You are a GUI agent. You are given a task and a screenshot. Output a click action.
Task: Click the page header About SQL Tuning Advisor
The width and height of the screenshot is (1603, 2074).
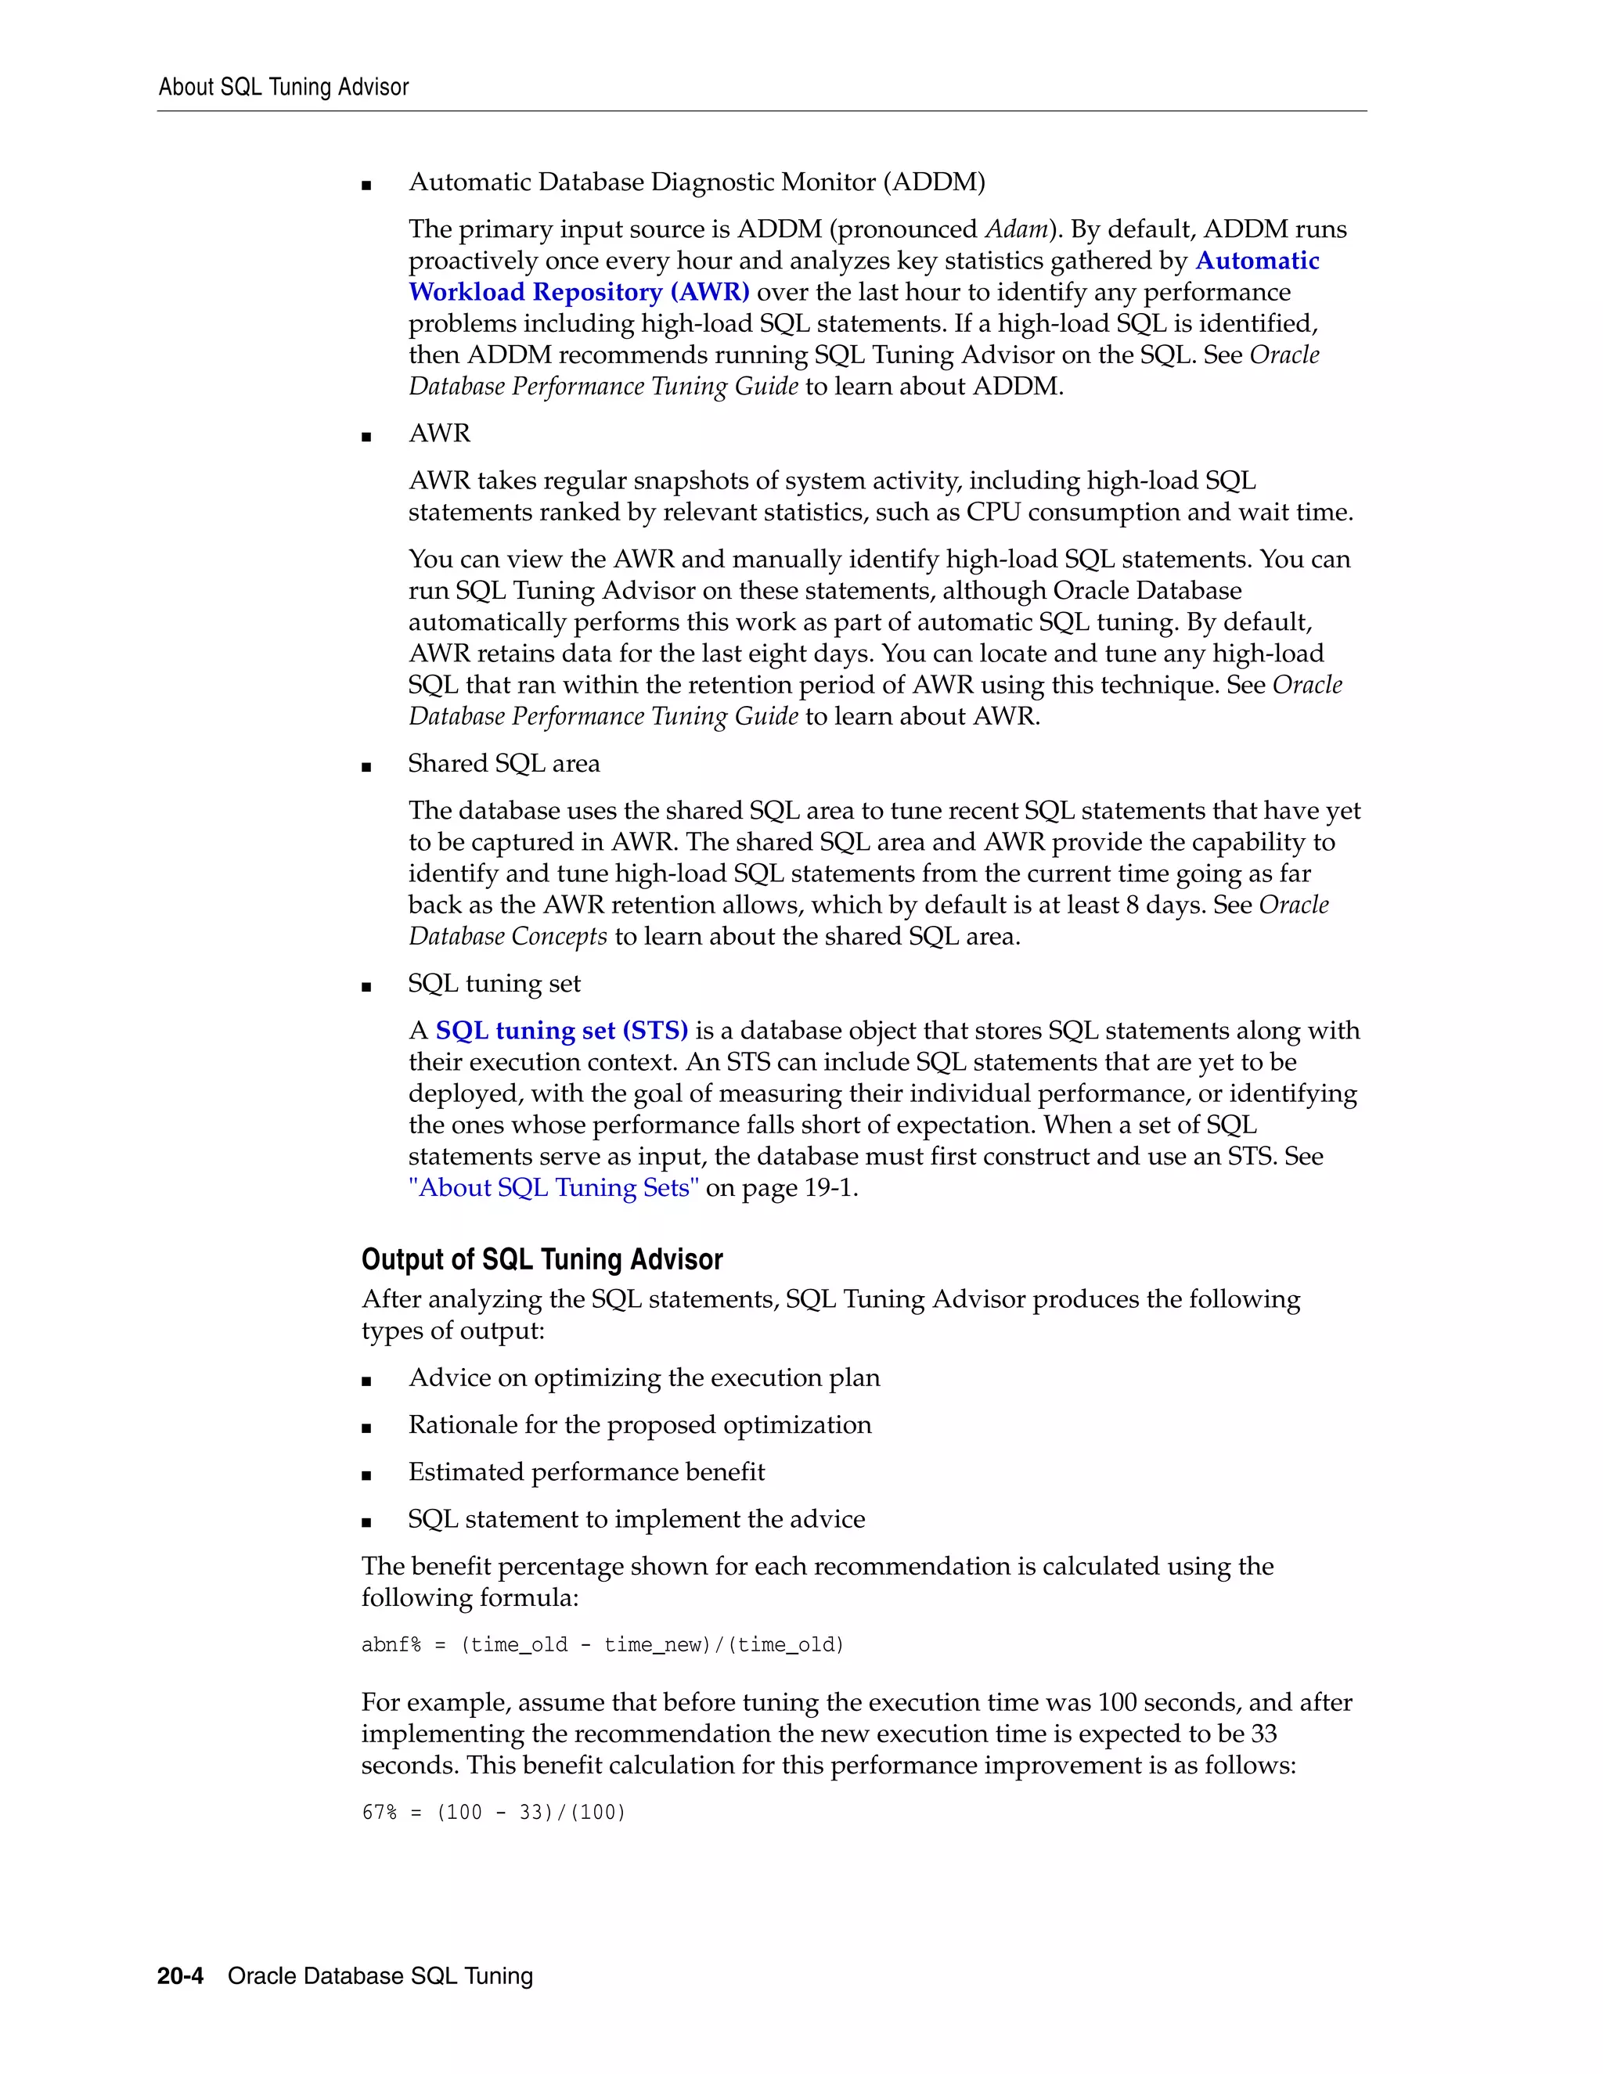tap(283, 88)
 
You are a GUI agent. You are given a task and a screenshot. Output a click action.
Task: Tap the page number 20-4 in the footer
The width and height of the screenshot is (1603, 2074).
tap(181, 1975)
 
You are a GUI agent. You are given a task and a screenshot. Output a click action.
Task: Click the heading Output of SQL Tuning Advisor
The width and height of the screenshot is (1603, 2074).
tap(542, 1259)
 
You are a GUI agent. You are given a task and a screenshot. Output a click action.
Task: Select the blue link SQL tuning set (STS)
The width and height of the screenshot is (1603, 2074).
tap(561, 1031)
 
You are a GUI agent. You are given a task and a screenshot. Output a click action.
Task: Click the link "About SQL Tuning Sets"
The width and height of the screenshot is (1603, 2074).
tap(553, 1187)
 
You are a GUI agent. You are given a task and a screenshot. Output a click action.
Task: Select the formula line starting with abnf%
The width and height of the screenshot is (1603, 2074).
tap(602, 1645)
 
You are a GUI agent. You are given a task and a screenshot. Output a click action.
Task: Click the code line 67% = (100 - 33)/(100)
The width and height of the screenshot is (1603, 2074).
tap(493, 1812)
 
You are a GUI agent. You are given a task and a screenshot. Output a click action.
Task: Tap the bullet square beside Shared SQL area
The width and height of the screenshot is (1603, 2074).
tap(366, 767)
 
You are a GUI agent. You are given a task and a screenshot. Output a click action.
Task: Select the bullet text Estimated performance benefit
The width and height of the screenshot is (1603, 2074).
tap(586, 1472)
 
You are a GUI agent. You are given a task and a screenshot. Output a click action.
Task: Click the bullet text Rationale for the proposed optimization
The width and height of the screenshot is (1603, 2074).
tap(639, 1424)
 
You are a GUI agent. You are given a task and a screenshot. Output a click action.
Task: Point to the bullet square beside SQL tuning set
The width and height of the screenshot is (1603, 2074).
tap(366, 988)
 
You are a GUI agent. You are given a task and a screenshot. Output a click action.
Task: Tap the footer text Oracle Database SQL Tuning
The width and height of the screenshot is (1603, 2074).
tap(380, 1975)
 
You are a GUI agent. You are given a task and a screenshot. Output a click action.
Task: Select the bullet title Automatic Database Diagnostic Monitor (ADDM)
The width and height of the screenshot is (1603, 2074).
tap(696, 182)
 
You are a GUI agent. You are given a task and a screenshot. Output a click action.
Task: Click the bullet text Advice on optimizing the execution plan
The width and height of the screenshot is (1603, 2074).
tap(644, 1378)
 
